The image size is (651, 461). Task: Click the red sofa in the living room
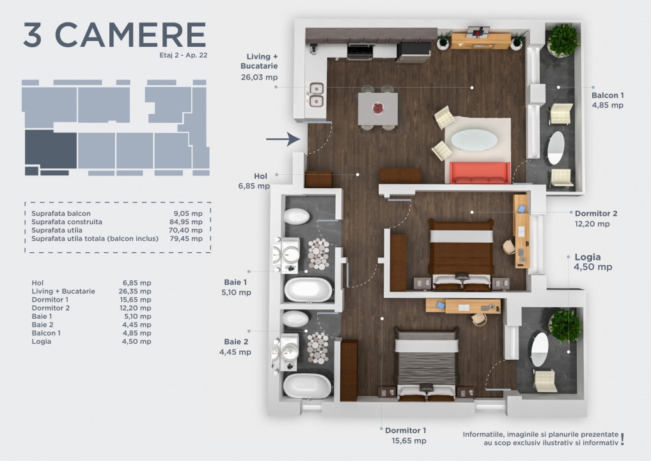(x=480, y=172)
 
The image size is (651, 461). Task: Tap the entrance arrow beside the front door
(x=283, y=139)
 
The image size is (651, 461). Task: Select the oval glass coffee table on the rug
(x=474, y=140)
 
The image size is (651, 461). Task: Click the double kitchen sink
(x=317, y=94)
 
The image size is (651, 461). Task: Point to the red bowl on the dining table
(x=378, y=108)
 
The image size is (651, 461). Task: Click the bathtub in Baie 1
(x=308, y=289)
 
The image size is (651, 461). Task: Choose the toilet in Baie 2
(x=295, y=319)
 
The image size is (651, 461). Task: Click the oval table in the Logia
(x=540, y=349)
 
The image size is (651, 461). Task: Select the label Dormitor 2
(x=596, y=213)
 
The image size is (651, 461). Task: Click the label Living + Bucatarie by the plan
(x=260, y=61)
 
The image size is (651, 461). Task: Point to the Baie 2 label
(x=236, y=342)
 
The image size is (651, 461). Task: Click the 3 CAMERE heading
(x=114, y=35)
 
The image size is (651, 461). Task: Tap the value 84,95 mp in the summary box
(x=186, y=222)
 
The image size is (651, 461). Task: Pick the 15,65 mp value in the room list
(x=135, y=300)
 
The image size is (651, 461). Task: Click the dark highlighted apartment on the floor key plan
(x=51, y=149)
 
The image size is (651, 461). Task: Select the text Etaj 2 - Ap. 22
(x=183, y=55)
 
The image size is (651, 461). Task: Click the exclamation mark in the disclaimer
(x=622, y=439)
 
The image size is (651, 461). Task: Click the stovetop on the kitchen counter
(x=359, y=52)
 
